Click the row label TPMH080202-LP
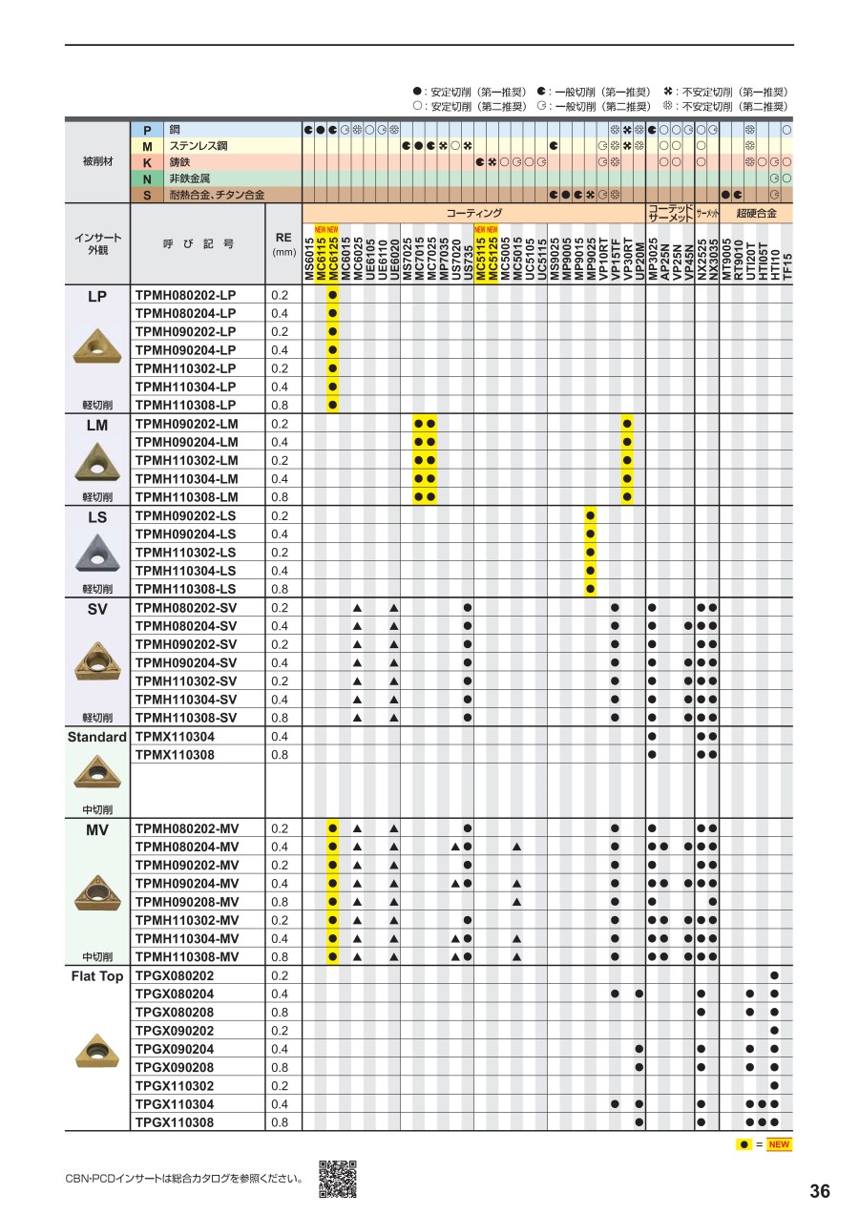[x=185, y=295]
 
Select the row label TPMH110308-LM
[x=186, y=497]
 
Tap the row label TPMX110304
[x=175, y=737]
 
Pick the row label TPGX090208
[x=175, y=1068]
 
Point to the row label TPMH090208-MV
[x=187, y=902]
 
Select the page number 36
[x=819, y=1191]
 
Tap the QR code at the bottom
[x=337, y=1179]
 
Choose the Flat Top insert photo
[x=97, y=1050]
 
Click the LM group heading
[x=97, y=426]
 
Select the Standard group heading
[x=97, y=738]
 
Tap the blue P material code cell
[x=147, y=130]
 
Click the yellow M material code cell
[x=147, y=146]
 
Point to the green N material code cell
[x=147, y=178]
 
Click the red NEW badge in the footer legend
[x=779, y=1144]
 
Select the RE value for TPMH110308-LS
[x=280, y=589]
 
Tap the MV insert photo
[x=97, y=890]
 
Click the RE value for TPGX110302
[x=280, y=1086]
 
